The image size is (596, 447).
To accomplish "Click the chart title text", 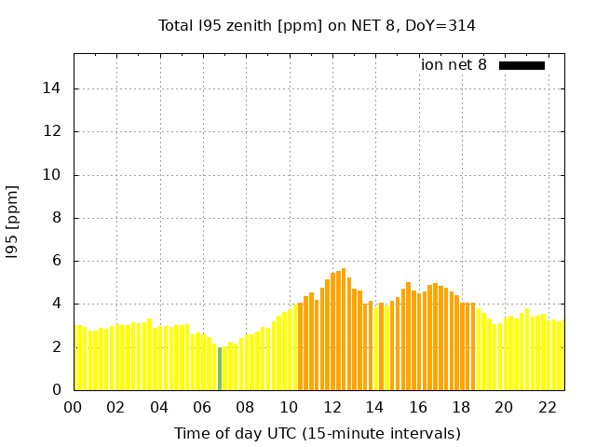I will click(317, 25).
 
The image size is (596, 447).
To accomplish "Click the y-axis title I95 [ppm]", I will click(12, 223).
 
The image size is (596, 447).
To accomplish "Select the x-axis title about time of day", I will click(317, 433).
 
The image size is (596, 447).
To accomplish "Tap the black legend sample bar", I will click(521, 65).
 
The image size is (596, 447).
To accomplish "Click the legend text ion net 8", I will click(454, 65).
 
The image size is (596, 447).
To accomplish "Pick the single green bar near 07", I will click(220, 369).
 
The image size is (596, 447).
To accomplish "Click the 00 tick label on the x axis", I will click(74, 407).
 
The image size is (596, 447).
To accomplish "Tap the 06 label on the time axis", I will click(203, 407).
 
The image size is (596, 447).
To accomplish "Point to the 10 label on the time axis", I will click(289, 407).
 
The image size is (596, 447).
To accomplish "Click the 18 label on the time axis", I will click(461, 407).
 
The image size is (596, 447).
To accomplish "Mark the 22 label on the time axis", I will click(548, 407).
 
